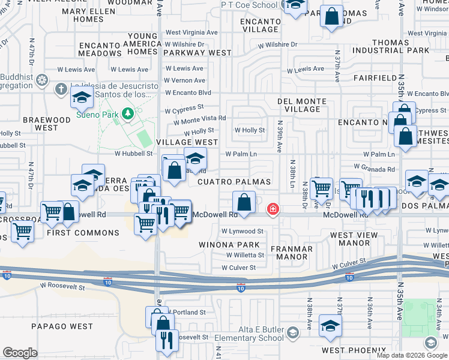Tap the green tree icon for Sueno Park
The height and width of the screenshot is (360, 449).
tap(127, 113)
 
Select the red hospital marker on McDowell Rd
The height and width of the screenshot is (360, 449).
tap(272, 209)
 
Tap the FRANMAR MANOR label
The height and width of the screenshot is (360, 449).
tap(292, 253)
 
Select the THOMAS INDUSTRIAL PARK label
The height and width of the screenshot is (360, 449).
tap(401, 47)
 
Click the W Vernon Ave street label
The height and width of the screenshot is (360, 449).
tap(184, 80)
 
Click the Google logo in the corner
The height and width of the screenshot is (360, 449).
tap(20, 353)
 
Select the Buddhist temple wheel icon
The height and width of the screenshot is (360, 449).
tap(42, 80)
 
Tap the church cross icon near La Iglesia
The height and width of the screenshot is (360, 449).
tap(60, 89)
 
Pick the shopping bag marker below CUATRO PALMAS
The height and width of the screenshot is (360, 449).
tap(244, 203)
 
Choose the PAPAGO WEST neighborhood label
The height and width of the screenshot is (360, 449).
tap(63, 326)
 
